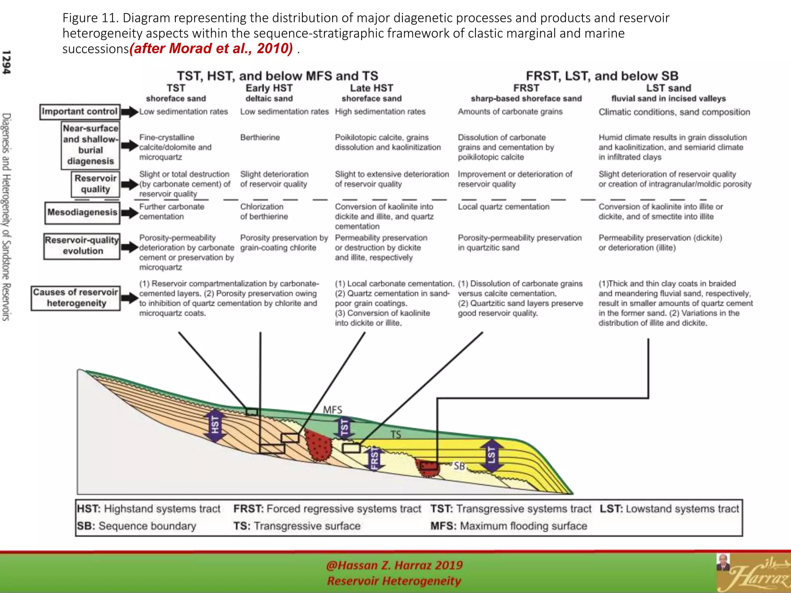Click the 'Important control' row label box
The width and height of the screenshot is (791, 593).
click(80, 112)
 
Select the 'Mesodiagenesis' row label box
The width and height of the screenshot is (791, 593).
click(82, 213)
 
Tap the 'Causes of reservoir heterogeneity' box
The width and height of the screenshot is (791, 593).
click(76, 298)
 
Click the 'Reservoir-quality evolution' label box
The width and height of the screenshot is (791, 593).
click(82, 246)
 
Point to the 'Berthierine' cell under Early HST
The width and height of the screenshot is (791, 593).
click(260, 137)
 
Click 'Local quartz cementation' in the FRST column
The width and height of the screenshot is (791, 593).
click(503, 207)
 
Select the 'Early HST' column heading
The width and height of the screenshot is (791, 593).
click(269, 88)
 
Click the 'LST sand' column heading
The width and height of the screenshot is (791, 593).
click(669, 88)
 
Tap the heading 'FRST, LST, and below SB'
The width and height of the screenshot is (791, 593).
click(602, 76)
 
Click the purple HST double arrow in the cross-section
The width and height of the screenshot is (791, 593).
click(215, 425)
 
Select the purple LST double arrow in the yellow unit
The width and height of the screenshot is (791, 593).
click(491, 455)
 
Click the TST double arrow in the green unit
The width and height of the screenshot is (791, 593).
click(345, 427)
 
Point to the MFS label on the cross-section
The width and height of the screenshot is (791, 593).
click(333, 410)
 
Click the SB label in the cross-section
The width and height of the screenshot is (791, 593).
click(459, 466)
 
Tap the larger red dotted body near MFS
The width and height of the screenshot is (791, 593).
click(319, 446)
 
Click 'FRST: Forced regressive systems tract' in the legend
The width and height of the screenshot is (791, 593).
click(327, 509)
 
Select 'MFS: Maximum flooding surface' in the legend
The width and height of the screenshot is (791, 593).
click(509, 526)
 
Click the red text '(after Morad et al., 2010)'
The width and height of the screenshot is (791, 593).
click(211, 49)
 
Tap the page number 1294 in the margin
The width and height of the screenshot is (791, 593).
click(7, 62)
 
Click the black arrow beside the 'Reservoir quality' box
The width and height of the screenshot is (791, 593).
click(130, 184)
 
